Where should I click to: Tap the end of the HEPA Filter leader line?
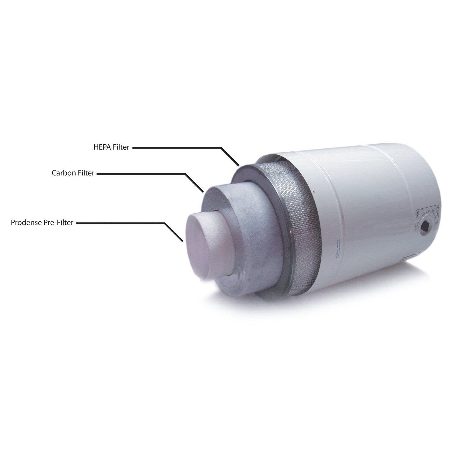point(239,166)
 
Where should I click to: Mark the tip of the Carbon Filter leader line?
point(203,192)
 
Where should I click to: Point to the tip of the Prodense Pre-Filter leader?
point(183,241)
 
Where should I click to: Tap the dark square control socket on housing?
point(425,226)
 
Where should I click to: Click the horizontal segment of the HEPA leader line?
point(176,148)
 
